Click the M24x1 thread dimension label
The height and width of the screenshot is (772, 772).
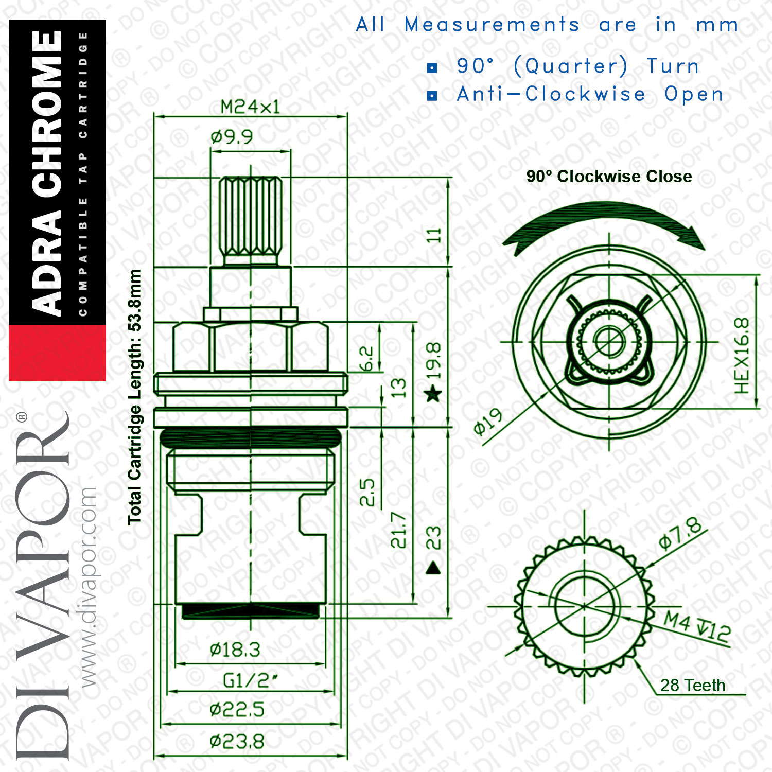pyautogui.click(x=250, y=107)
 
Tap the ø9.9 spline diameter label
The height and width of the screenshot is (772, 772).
pyautogui.click(x=232, y=137)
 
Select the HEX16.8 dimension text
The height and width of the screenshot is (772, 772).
pyautogui.click(x=742, y=356)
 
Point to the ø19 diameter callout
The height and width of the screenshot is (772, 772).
pyautogui.click(x=488, y=422)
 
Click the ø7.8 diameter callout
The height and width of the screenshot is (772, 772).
pyautogui.click(x=680, y=533)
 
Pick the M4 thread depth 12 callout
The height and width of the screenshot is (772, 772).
pyautogui.click(x=697, y=626)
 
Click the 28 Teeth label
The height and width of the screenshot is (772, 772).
pyautogui.click(x=693, y=686)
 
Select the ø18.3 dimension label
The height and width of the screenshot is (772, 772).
pyautogui.click(x=235, y=650)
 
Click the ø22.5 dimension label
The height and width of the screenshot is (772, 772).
pyautogui.click(x=237, y=710)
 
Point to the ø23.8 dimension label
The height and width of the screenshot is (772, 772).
pyautogui.click(x=237, y=742)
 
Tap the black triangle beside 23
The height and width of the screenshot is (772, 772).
pyautogui.click(x=433, y=568)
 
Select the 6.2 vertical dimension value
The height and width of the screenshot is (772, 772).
pyautogui.click(x=366, y=359)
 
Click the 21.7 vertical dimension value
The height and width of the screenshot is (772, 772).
pyautogui.click(x=399, y=530)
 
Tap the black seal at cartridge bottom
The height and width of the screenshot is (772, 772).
pyautogui.click(x=251, y=611)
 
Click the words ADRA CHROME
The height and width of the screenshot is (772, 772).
pyautogui.click(x=47, y=172)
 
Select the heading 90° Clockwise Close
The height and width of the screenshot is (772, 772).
pyautogui.click(x=609, y=177)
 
